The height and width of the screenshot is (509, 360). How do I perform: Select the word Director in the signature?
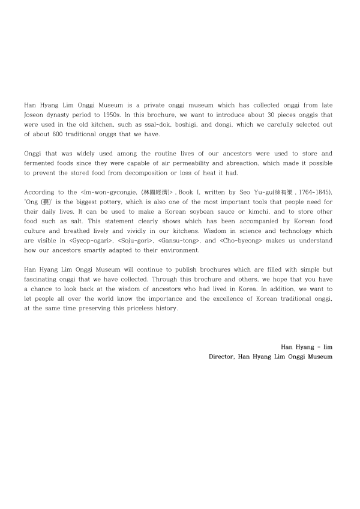(221, 357)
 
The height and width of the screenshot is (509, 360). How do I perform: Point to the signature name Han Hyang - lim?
(306, 346)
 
